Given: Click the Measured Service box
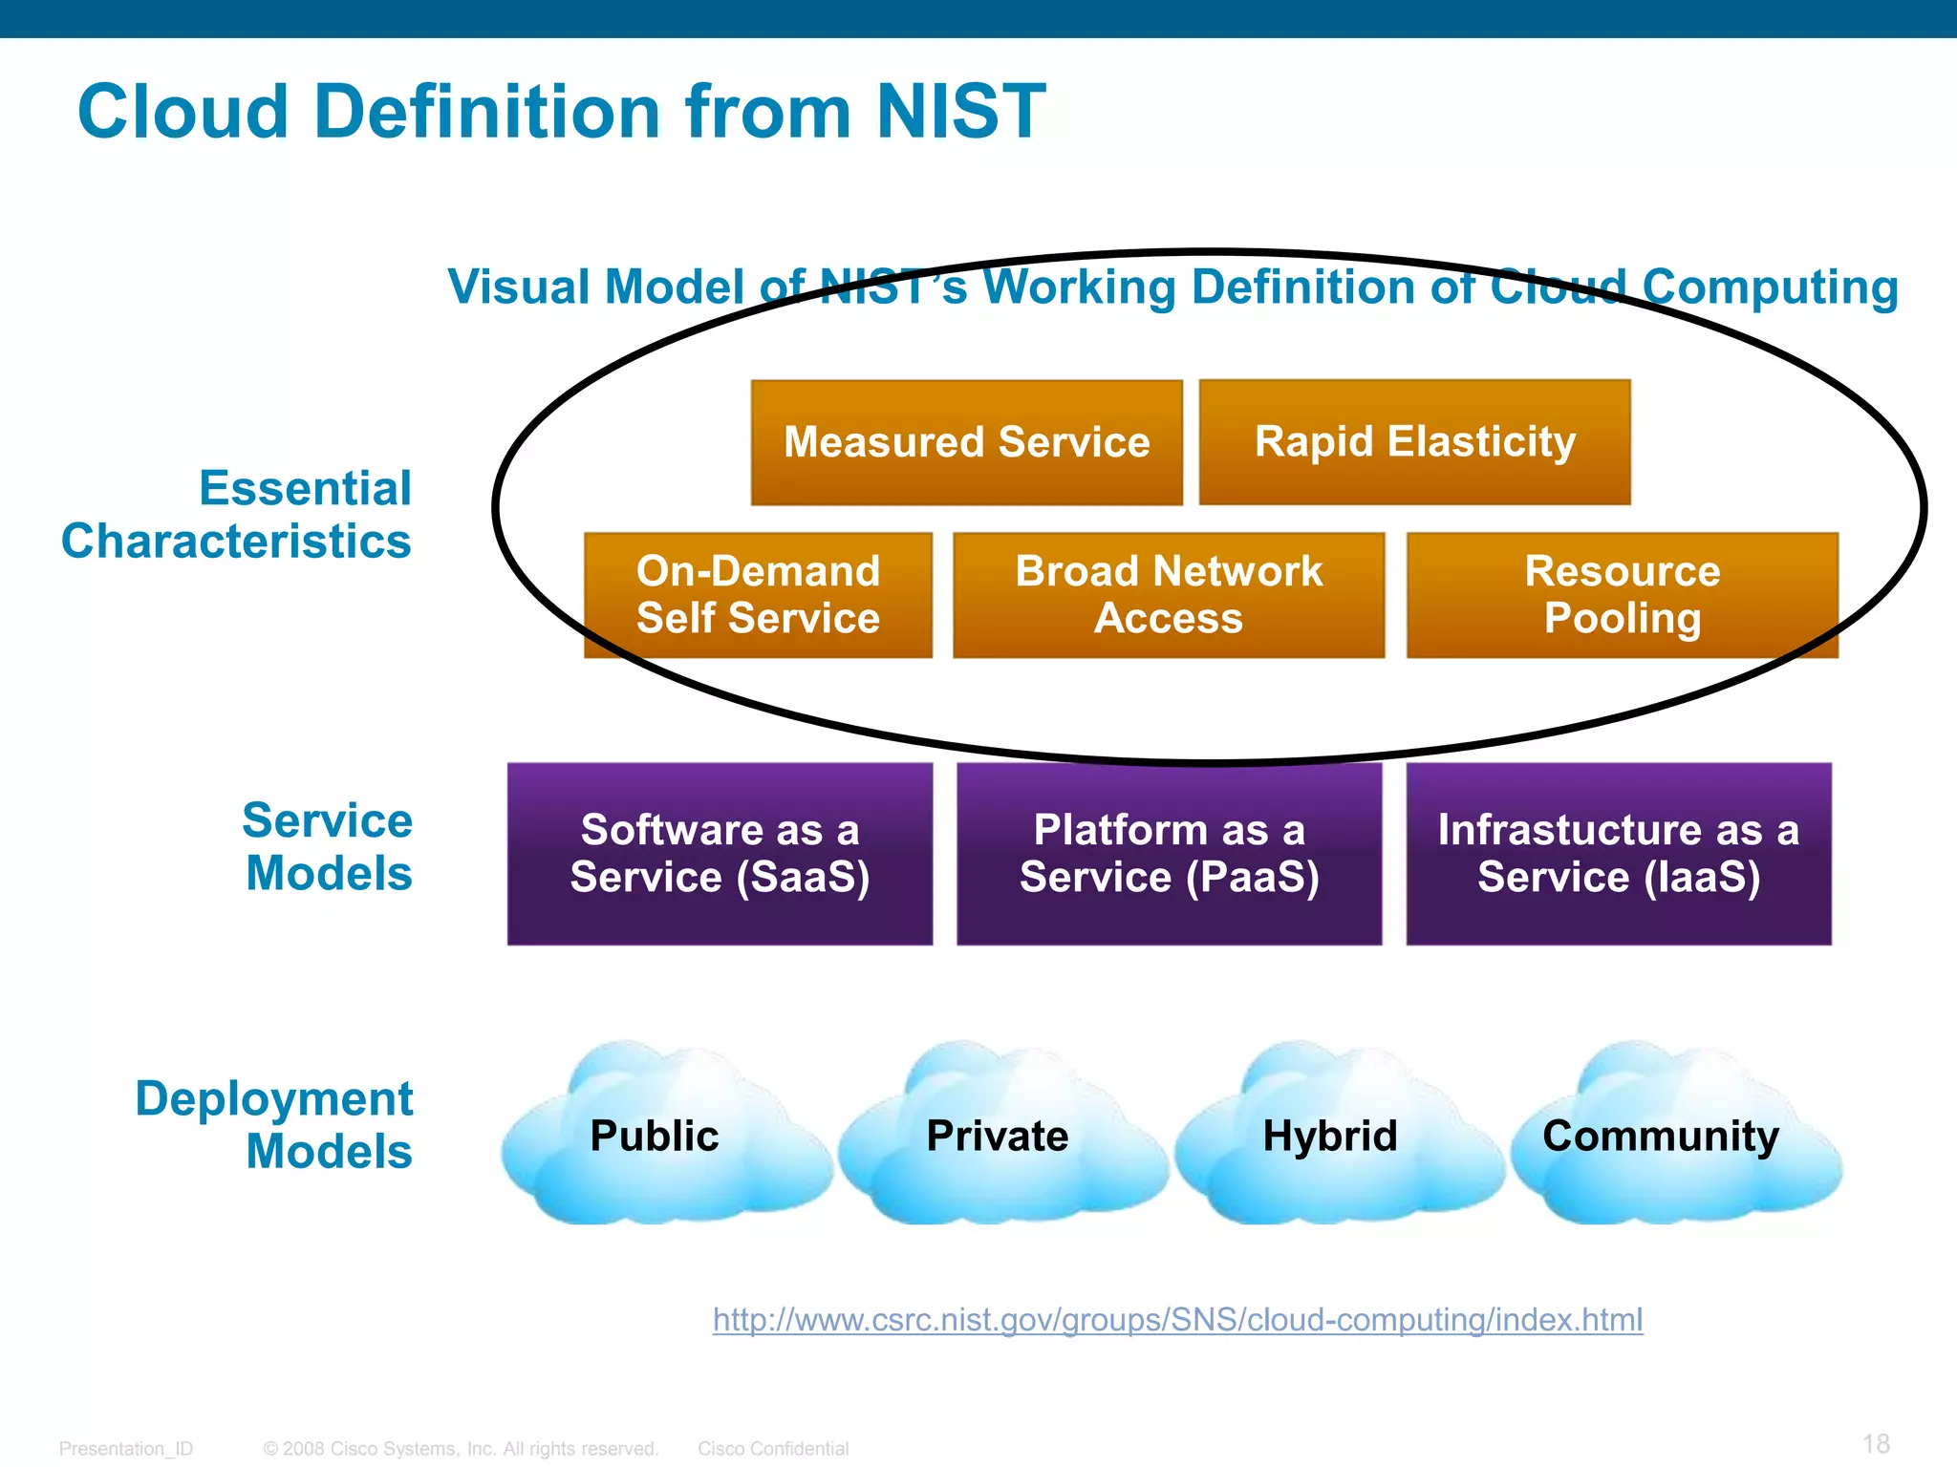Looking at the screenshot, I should tap(966, 442).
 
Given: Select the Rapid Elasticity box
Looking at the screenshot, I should tap(1414, 441).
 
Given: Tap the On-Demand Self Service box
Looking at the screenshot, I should tap(758, 594).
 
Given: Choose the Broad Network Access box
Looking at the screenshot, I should tap(1169, 594).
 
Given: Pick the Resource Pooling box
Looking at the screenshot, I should tap(1622, 594).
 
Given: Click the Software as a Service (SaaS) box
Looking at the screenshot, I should tap(720, 853).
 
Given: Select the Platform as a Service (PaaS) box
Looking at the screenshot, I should tap(1169, 853).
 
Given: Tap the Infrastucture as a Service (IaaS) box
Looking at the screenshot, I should tap(1619, 853).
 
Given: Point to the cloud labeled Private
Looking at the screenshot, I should tap(999, 1137).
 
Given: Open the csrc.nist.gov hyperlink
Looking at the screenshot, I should tap(1177, 1320).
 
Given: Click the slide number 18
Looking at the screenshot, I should tap(1876, 1443).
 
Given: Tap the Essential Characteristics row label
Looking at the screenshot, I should tap(237, 515).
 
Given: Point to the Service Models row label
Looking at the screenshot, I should tap(328, 847).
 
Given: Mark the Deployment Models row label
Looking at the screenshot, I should tap(275, 1125).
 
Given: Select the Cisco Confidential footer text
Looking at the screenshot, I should tap(773, 1449).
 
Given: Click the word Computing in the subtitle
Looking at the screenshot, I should tap(1770, 287).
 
